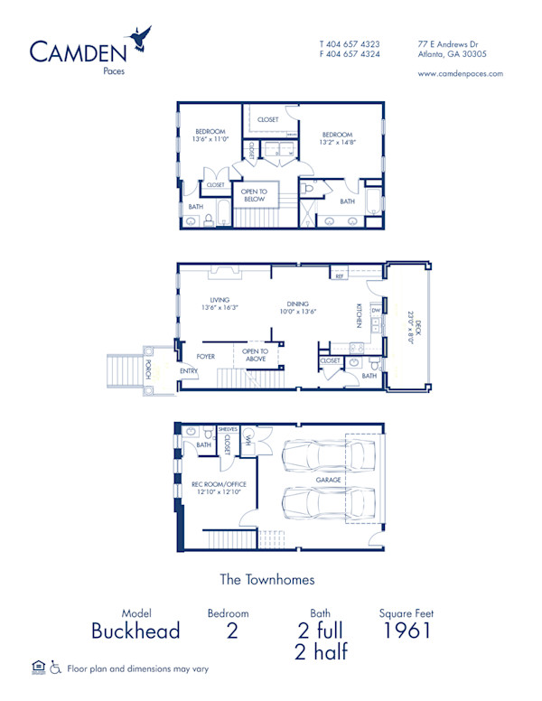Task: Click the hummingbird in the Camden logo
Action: pyautogui.click(x=141, y=37)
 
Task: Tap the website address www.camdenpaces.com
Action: pyautogui.click(x=461, y=74)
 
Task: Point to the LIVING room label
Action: pyautogui.click(x=219, y=300)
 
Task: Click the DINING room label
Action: pyautogui.click(x=298, y=304)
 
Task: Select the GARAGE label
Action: pyautogui.click(x=328, y=480)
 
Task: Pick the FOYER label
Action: pyautogui.click(x=206, y=356)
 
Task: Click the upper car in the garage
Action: pyautogui.click(x=329, y=456)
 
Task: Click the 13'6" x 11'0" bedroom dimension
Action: pyautogui.click(x=210, y=140)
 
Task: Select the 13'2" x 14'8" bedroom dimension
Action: pyautogui.click(x=337, y=141)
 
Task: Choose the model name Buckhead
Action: pyautogui.click(x=135, y=631)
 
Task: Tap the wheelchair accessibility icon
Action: pyautogui.click(x=55, y=668)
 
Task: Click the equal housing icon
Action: pyautogui.click(x=38, y=668)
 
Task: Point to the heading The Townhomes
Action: pyautogui.click(x=267, y=579)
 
